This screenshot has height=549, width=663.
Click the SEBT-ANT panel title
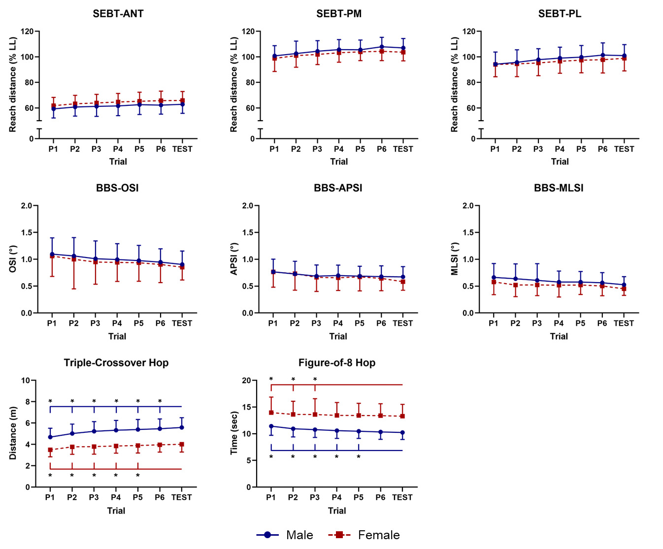118,14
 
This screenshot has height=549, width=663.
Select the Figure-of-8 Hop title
337,363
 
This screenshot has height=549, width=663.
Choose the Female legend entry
364,535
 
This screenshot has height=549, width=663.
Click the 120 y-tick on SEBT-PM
248,32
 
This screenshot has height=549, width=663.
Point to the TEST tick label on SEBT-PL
624,149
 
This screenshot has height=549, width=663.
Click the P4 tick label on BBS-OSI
117,323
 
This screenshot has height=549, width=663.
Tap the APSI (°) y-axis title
234,259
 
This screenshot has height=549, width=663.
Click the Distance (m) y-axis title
13,433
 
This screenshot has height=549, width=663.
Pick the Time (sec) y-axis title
234,433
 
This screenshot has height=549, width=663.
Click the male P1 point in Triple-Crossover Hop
50,437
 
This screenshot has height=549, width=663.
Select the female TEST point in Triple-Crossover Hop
182,444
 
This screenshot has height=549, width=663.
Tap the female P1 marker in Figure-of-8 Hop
271,413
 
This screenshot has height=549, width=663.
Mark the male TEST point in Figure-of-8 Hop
402,433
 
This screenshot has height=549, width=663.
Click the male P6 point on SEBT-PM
382,47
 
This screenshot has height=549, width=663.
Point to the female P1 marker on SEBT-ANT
53,106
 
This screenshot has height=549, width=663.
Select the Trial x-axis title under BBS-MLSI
559,336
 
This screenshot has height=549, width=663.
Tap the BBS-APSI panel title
338,188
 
